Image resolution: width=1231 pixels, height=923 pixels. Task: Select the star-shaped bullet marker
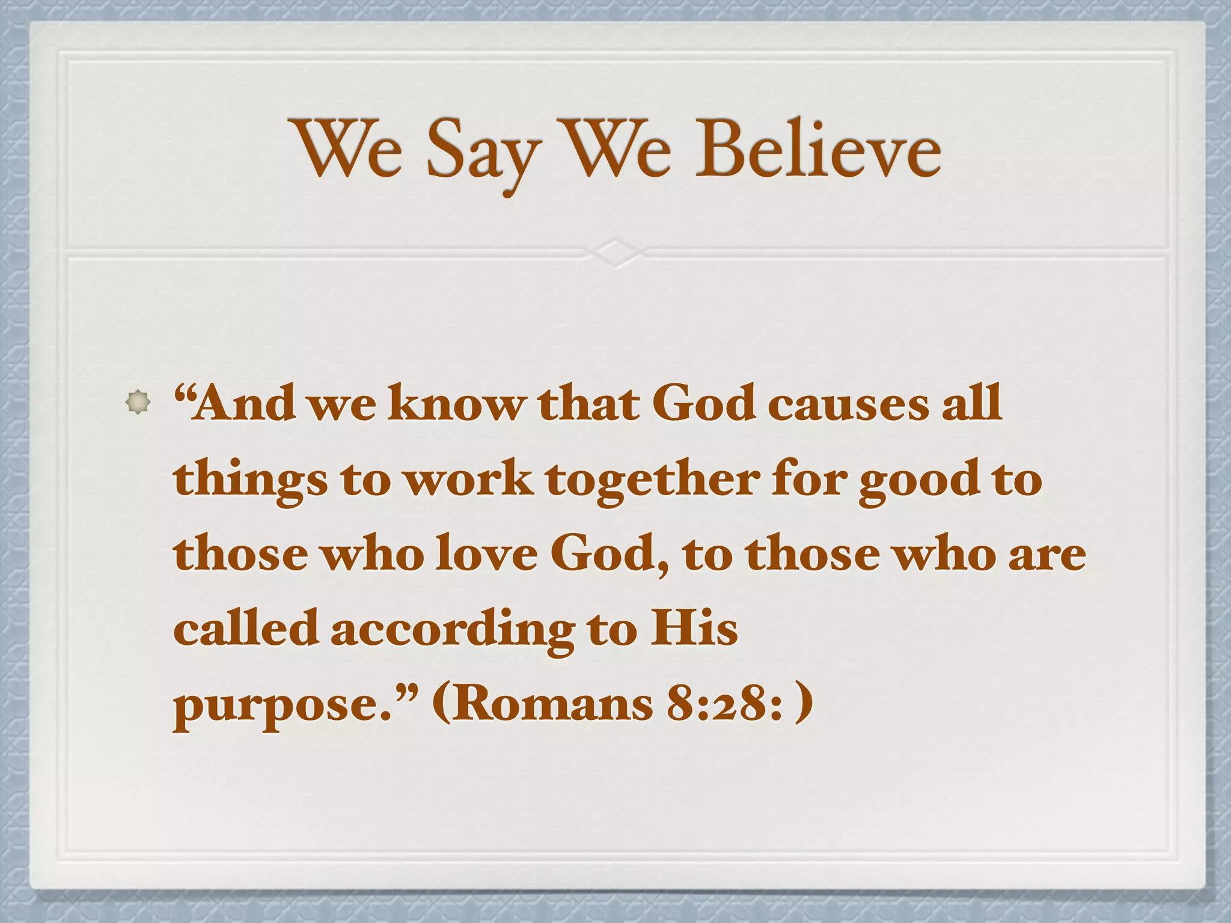[138, 402]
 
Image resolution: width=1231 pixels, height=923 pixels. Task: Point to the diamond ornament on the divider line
[615, 252]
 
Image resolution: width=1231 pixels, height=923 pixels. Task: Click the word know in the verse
[456, 403]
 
